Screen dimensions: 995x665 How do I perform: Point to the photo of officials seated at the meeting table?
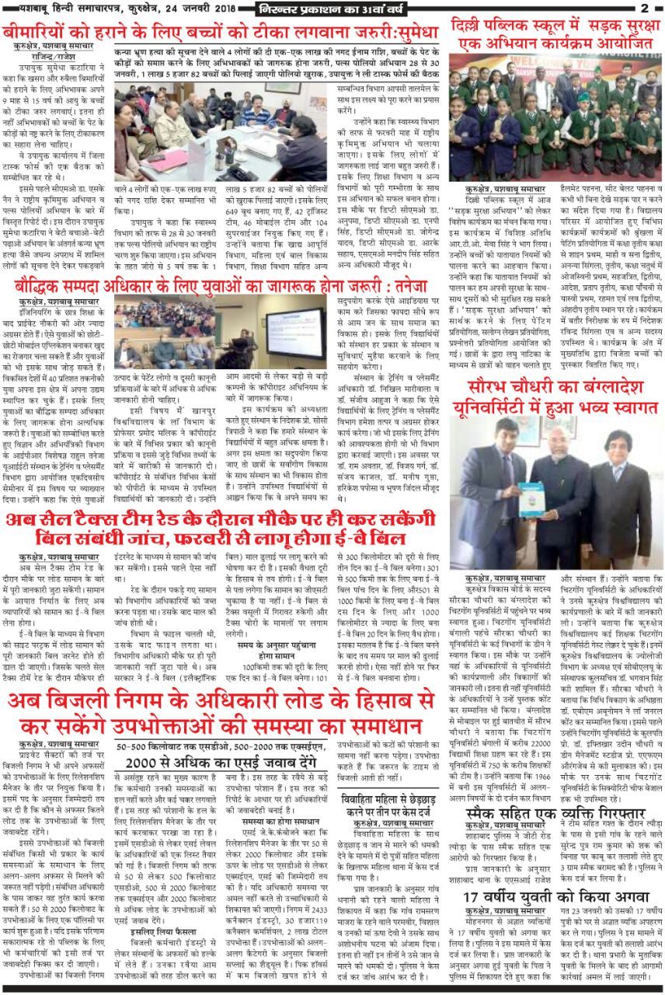point(221,132)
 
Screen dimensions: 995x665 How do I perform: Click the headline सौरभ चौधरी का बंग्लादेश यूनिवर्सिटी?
point(555,396)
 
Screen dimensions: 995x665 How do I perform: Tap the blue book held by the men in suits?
point(533,498)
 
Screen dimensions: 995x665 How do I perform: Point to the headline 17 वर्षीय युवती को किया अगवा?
point(555,899)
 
